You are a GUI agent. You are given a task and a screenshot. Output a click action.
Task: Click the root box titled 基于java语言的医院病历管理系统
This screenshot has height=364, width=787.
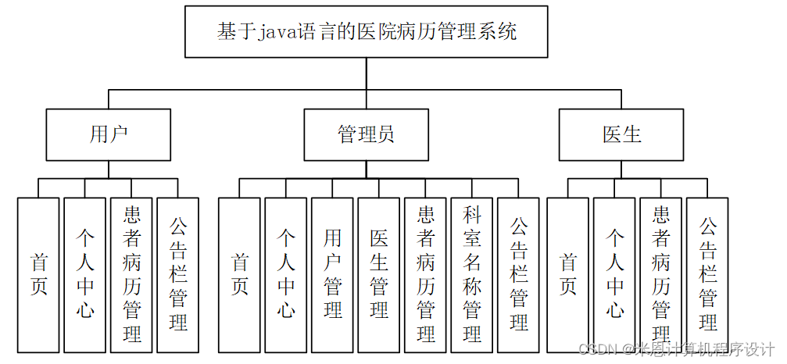click(367, 32)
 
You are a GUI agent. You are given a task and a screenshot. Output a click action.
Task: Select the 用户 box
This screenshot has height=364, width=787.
click(108, 134)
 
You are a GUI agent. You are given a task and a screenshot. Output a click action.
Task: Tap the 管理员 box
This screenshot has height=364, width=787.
click(366, 134)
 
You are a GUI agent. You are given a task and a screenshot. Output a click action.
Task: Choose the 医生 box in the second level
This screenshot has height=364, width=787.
click(622, 134)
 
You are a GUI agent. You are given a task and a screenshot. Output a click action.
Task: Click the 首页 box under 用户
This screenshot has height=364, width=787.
click(38, 274)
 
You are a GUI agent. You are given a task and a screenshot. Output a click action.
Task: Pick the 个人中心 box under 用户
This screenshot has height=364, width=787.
click(84, 274)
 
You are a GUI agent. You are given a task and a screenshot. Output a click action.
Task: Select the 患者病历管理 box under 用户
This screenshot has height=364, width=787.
click(131, 274)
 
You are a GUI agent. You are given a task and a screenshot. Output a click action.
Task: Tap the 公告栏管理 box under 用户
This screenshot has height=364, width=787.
click(178, 274)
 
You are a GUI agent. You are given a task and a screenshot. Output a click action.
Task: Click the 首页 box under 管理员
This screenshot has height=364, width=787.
click(239, 274)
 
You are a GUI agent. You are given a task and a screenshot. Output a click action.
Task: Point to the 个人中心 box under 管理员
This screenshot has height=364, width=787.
click(286, 274)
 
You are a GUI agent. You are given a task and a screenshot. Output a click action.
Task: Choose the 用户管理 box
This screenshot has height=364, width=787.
click(332, 274)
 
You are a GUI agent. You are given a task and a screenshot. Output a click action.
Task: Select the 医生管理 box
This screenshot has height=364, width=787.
click(379, 274)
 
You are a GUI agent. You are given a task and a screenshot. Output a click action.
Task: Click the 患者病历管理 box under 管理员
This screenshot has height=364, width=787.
click(425, 274)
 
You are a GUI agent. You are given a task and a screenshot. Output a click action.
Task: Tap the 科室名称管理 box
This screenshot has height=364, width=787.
click(471, 274)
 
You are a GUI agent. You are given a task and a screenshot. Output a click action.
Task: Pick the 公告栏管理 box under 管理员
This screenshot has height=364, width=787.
click(518, 274)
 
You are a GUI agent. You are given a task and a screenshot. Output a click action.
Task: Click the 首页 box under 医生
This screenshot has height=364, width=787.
click(567, 274)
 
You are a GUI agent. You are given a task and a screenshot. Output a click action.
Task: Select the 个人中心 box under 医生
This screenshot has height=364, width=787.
click(614, 274)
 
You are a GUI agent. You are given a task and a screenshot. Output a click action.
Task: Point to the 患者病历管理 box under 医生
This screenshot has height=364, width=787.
click(660, 274)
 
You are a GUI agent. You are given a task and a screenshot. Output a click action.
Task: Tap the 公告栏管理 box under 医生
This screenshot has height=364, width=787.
click(707, 274)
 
